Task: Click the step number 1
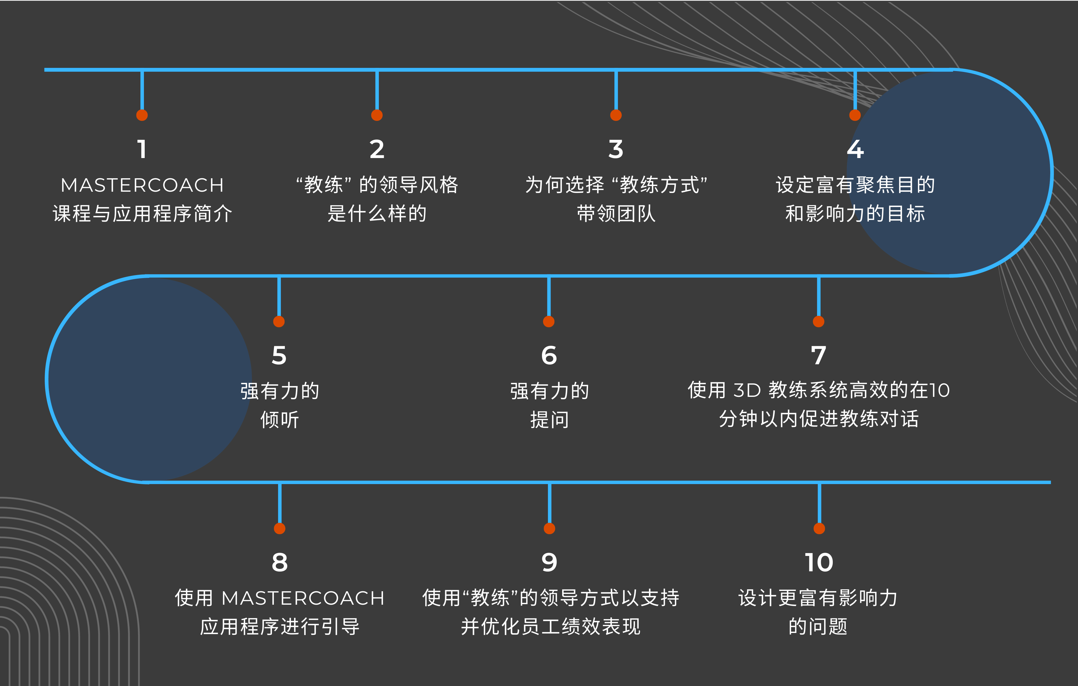coord(142,149)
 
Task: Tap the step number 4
coord(855,149)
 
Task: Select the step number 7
coord(818,356)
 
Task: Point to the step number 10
coord(819,562)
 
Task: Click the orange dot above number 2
coord(377,115)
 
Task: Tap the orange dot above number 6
coord(549,321)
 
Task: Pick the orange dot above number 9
coord(549,528)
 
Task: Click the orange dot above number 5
coord(279,321)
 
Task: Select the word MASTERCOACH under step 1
coord(142,185)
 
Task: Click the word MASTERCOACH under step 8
coord(303,598)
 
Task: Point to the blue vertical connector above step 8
coord(279,503)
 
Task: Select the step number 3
coord(616,149)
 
